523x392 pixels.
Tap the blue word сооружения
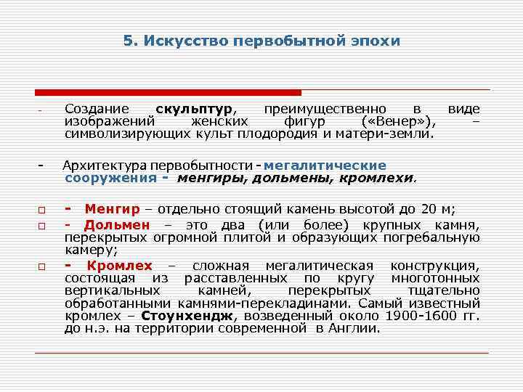[x=110, y=177]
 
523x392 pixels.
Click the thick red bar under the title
[x=168, y=93]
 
